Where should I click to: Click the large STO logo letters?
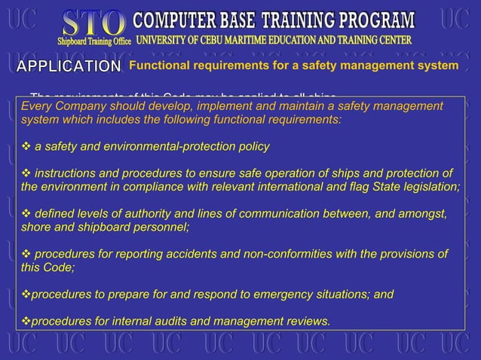[x=94, y=20]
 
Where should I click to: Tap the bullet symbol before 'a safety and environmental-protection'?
[x=26, y=145]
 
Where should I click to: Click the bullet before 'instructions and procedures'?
[x=26, y=172]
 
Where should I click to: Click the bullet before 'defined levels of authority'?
[x=26, y=213]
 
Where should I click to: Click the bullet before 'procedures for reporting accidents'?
[x=26, y=254]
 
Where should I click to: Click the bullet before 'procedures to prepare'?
[x=26, y=294]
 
